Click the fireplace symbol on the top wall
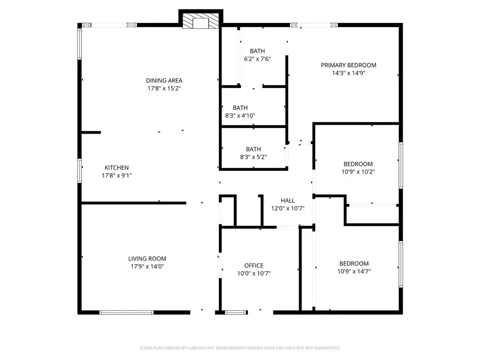201,21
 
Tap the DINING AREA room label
164,81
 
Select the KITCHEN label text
117,168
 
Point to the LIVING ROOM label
147,259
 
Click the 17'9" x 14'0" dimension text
147,267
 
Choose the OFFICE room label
254,266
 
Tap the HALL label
288,201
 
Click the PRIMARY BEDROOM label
349,65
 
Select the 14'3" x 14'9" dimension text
349,73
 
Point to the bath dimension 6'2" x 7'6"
257,59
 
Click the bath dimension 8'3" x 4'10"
240,116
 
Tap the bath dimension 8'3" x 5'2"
254,157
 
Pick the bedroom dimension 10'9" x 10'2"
358,172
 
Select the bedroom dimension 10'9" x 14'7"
354,271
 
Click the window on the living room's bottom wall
127,313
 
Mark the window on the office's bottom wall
236,313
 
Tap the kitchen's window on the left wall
80,171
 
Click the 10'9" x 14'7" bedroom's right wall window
401,264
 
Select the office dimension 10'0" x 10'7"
254,274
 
